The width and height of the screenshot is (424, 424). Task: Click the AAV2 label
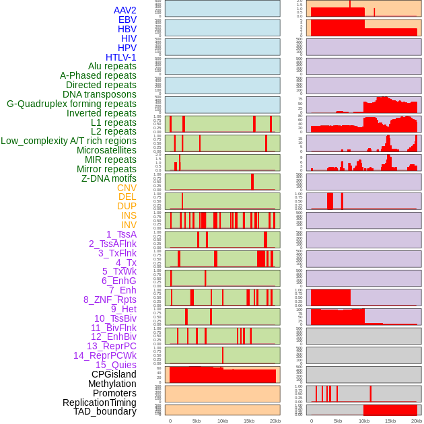pos(125,10)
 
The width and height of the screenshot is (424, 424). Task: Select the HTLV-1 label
pos(121,57)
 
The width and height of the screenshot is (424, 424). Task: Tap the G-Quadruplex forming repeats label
pos(71,104)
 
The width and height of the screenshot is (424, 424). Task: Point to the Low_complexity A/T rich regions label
pos(69,141)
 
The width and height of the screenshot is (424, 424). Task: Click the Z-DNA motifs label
pos(109,178)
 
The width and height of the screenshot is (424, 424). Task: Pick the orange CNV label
pos(127,188)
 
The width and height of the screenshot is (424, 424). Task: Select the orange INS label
pos(129,215)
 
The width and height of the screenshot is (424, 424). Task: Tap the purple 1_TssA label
pos(121,234)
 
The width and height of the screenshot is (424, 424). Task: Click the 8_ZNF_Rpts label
pos(110,299)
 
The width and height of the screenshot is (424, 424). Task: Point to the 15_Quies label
pos(116,365)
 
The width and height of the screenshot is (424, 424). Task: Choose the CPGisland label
pos(114,374)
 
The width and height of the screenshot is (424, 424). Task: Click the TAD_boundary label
pos(105,411)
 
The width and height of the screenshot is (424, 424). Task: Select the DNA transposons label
pos(100,94)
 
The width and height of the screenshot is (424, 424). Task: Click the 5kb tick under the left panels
pos(197,421)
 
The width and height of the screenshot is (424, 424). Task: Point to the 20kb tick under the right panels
pos(417,421)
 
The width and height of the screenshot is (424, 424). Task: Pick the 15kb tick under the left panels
pos(249,421)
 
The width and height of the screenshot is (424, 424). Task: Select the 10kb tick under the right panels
pos(364,421)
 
